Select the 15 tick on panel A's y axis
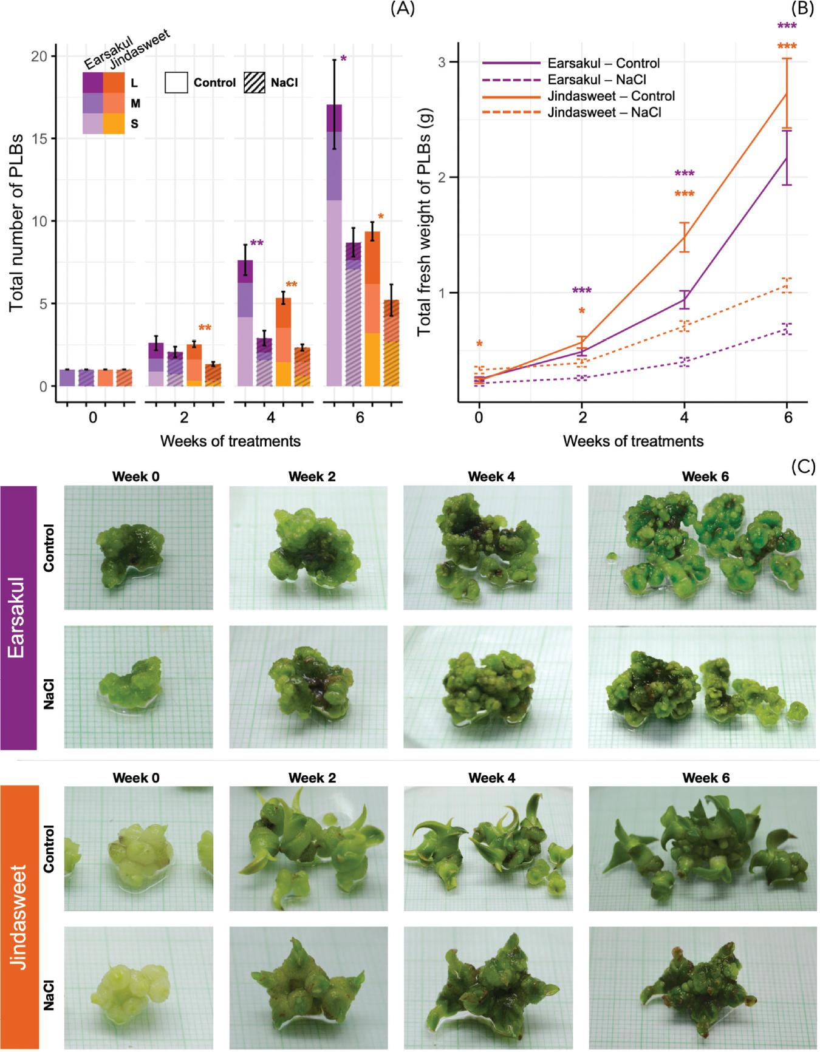[x=40, y=138]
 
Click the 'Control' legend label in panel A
[x=214, y=83]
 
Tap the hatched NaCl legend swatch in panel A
[x=255, y=83]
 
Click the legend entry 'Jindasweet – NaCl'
[x=610, y=112]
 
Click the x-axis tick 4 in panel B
[x=685, y=419]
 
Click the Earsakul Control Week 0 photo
[x=138, y=548]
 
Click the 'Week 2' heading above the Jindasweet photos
[x=312, y=778]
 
